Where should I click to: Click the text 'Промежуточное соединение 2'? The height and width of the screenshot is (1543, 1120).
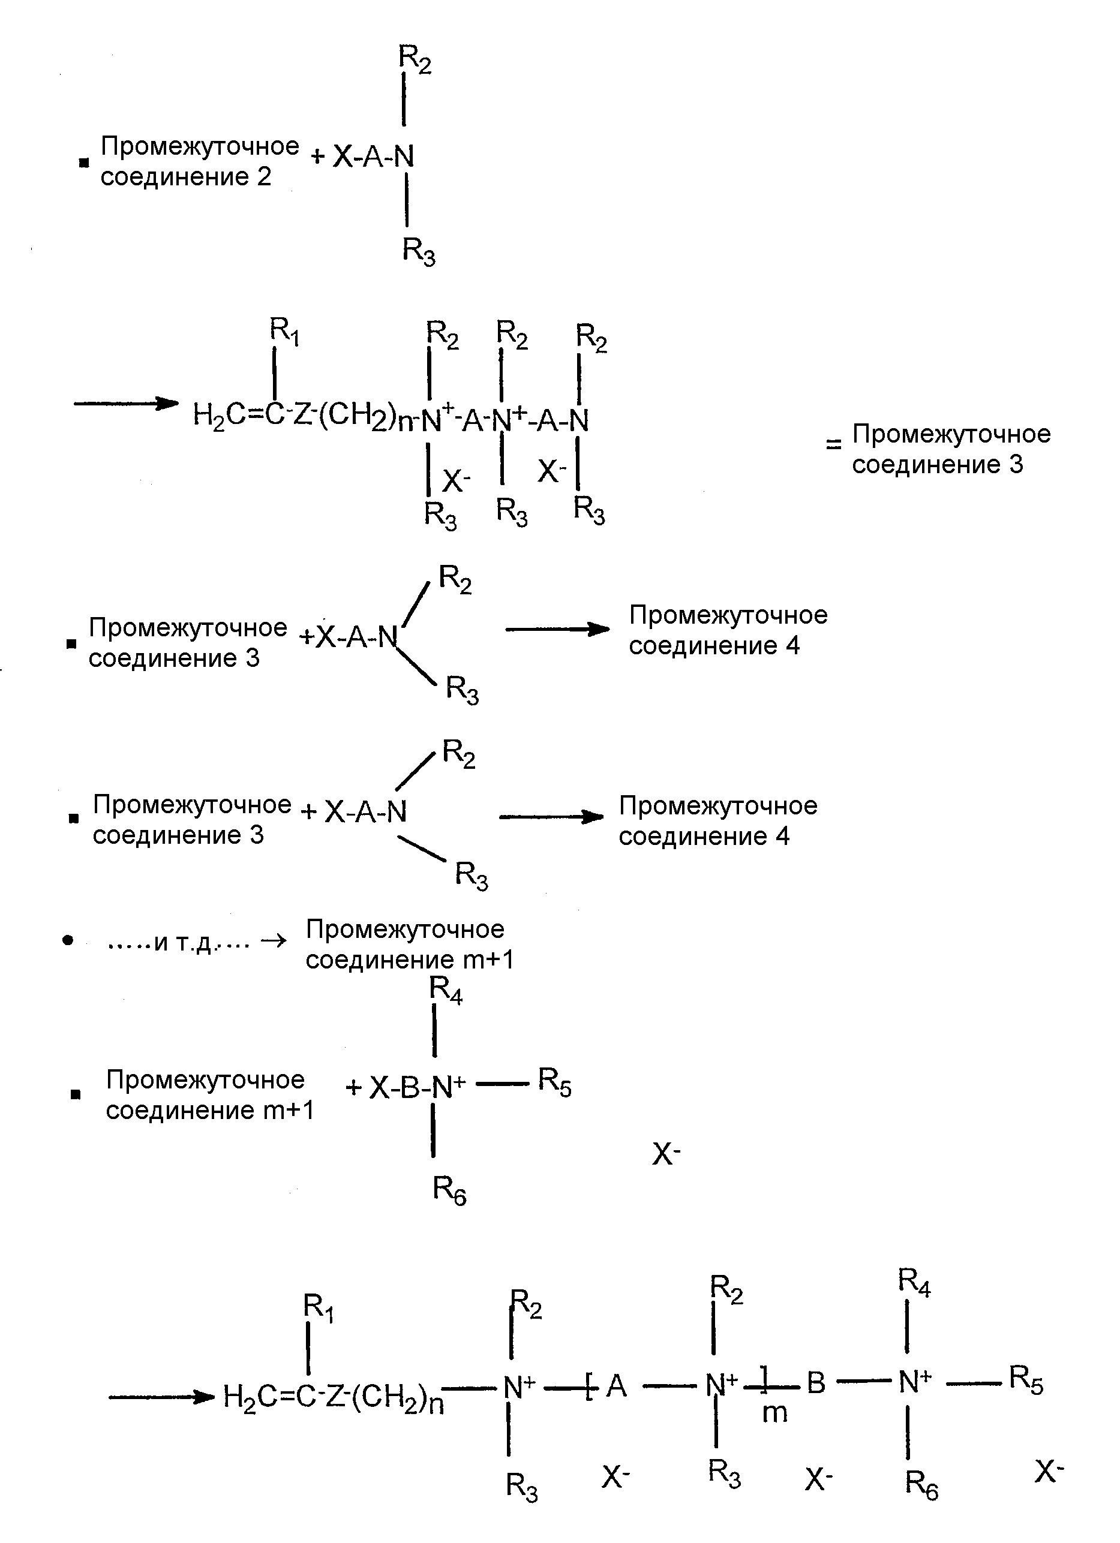click(199, 161)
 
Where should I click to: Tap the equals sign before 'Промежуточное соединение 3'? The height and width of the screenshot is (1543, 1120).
click(833, 445)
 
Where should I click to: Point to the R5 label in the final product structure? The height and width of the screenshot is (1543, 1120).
click(1026, 1380)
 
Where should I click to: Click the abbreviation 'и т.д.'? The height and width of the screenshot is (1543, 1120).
click(183, 942)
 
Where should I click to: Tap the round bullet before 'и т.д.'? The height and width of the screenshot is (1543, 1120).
click(67, 941)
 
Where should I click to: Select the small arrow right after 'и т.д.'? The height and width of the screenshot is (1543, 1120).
click(274, 942)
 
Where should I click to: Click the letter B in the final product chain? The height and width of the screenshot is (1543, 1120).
click(816, 1382)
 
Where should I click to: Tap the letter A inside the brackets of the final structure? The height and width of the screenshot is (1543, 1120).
click(616, 1385)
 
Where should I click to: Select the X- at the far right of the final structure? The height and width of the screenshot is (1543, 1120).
click(1049, 1471)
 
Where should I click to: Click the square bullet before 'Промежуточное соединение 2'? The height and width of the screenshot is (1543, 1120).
click(84, 163)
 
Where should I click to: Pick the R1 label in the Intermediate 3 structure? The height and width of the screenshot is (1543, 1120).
click(284, 330)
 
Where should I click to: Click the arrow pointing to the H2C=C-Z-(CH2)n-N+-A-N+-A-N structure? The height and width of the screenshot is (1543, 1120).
click(126, 404)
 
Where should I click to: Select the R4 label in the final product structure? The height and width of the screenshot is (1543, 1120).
click(914, 1282)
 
